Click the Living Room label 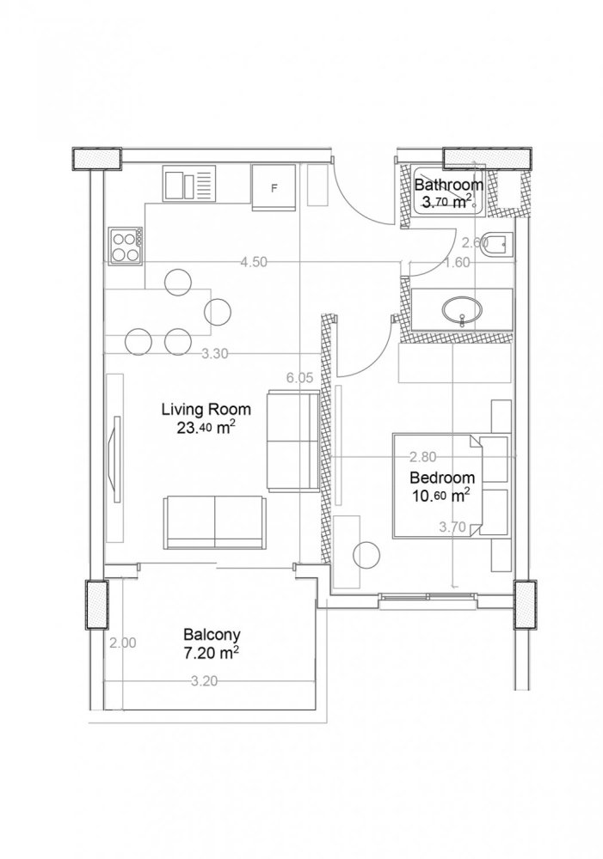click(x=206, y=409)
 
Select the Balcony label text click(x=211, y=636)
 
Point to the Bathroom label click(x=448, y=184)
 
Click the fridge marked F click(x=274, y=187)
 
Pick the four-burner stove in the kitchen click(x=125, y=247)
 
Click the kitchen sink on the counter click(x=188, y=184)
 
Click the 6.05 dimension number click(x=298, y=377)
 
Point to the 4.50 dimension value click(x=253, y=263)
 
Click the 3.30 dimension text click(x=213, y=352)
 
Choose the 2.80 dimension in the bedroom click(x=423, y=456)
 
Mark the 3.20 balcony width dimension click(x=203, y=681)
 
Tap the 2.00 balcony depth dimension click(x=123, y=642)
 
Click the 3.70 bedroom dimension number click(x=452, y=527)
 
